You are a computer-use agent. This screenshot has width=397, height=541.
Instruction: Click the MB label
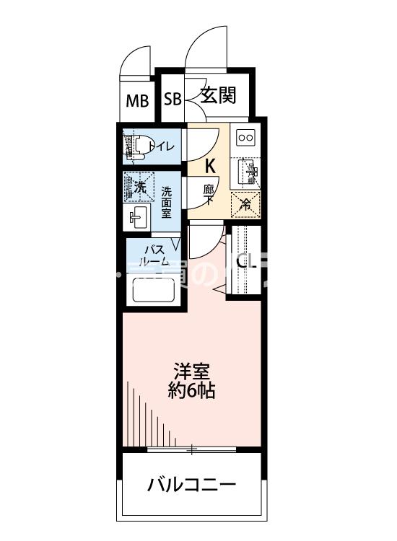click(137, 100)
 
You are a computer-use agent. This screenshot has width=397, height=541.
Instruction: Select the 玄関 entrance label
click(218, 96)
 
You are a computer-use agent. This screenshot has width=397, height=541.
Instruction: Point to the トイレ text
click(162, 147)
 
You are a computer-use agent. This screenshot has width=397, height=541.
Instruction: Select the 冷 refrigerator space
click(245, 204)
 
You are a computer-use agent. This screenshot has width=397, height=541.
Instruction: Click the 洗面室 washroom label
click(165, 203)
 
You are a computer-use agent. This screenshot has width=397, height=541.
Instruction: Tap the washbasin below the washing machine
click(138, 216)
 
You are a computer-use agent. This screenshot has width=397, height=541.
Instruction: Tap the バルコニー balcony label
click(191, 484)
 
